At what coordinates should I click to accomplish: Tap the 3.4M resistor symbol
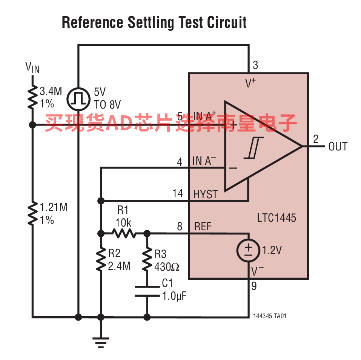(33, 97)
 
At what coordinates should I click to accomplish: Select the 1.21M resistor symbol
(33, 213)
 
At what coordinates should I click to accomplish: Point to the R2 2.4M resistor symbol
(101, 260)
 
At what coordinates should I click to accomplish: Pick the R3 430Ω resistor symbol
(147, 260)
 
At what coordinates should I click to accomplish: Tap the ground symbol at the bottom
(101, 342)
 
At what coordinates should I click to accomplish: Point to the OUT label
(338, 147)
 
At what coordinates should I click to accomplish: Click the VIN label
(32, 67)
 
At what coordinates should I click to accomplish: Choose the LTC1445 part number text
(277, 218)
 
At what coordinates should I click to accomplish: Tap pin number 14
(178, 194)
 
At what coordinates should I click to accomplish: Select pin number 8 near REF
(180, 227)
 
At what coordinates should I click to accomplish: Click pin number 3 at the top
(255, 66)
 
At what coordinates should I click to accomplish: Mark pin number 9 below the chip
(254, 286)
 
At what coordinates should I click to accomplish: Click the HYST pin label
(205, 195)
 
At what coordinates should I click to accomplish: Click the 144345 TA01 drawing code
(270, 316)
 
